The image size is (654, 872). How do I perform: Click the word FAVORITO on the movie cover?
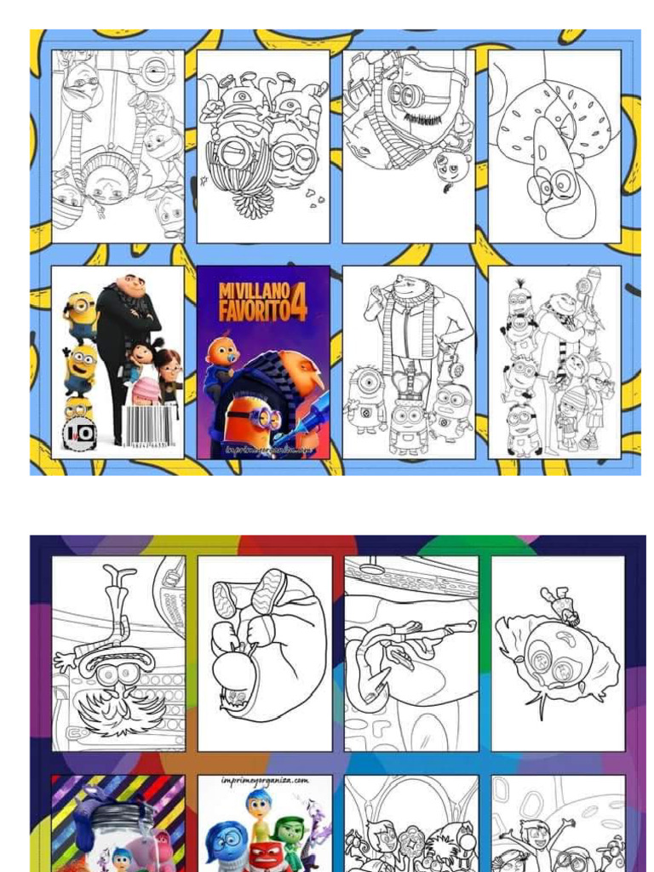tap(252, 311)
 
